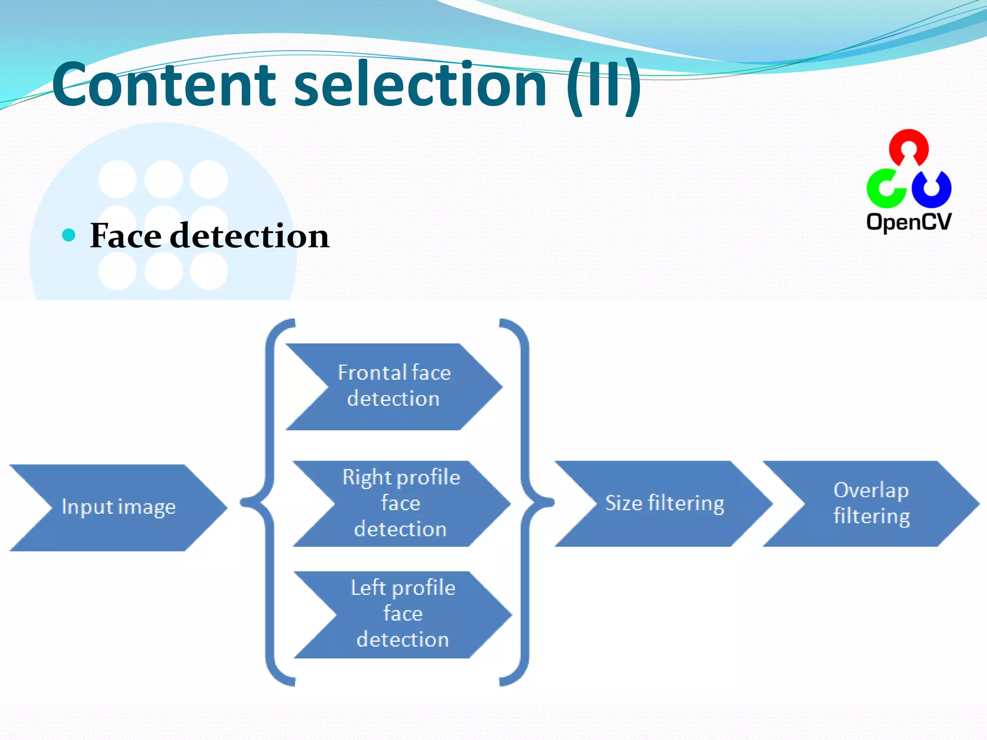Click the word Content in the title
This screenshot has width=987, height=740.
coord(164,85)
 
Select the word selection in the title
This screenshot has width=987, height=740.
coord(419,85)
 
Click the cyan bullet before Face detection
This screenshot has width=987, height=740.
coord(69,235)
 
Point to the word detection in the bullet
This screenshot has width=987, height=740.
coord(250,236)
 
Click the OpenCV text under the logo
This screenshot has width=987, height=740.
coord(908,222)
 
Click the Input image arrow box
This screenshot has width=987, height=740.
coord(118,507)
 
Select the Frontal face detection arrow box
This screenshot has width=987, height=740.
coord(394,386)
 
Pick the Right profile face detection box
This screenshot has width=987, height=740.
coord(401,503)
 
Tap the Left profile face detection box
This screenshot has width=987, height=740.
coord(403,614)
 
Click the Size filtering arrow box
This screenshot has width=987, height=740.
coord(664,503)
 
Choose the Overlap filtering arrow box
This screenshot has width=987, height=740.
coord(871,503)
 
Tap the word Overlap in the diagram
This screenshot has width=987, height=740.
coord(871,490)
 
